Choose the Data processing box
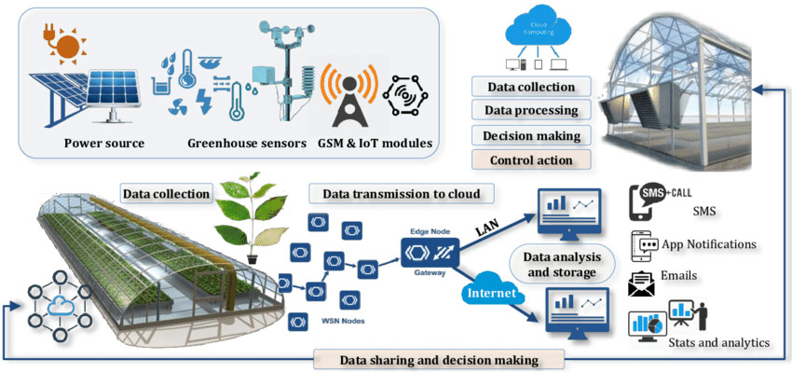[531, 111]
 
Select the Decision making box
[531, 135]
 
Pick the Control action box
[531, 159]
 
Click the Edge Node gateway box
[429, 252]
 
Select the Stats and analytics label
[718, 343]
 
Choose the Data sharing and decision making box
[439, 359]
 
